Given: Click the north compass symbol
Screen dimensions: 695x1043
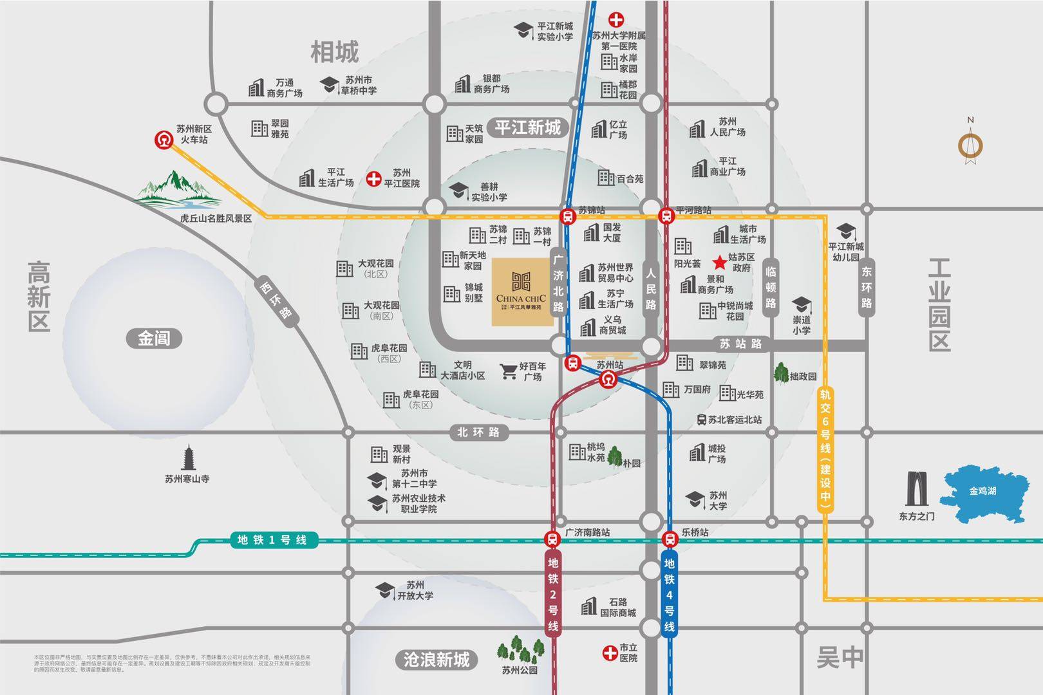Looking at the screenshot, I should pos(970,144).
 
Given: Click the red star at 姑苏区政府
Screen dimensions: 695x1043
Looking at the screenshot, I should pos(719,263).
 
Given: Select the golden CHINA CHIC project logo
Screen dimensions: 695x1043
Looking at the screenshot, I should pos(521,292).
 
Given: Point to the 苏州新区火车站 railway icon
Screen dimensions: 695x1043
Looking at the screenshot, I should pos(164,140).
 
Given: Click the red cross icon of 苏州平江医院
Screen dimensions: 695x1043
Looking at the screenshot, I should pos(373,179).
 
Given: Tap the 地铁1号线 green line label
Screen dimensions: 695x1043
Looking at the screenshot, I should pos(274,540).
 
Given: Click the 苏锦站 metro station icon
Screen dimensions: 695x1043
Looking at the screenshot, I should pos(567,217).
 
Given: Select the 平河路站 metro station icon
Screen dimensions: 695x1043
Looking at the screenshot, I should pos(666,216).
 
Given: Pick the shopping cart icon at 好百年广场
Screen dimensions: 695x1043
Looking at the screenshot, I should pos(509,371).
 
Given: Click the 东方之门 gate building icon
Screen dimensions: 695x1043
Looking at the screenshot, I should pos(916,489).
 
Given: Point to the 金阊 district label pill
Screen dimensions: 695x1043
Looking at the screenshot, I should pos(154,338).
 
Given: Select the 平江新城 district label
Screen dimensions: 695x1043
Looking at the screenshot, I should pos(527,127).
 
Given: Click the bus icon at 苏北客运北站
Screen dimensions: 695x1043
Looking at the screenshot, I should pos(702,420).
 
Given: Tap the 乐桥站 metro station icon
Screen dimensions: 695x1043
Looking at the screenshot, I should pos(670,539).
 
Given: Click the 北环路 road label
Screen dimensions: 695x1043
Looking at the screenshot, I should pos(478,432).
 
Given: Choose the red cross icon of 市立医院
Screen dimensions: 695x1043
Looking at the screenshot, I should pos(609,653).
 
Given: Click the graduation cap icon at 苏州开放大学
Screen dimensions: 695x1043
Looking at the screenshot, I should pos(385,590).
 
